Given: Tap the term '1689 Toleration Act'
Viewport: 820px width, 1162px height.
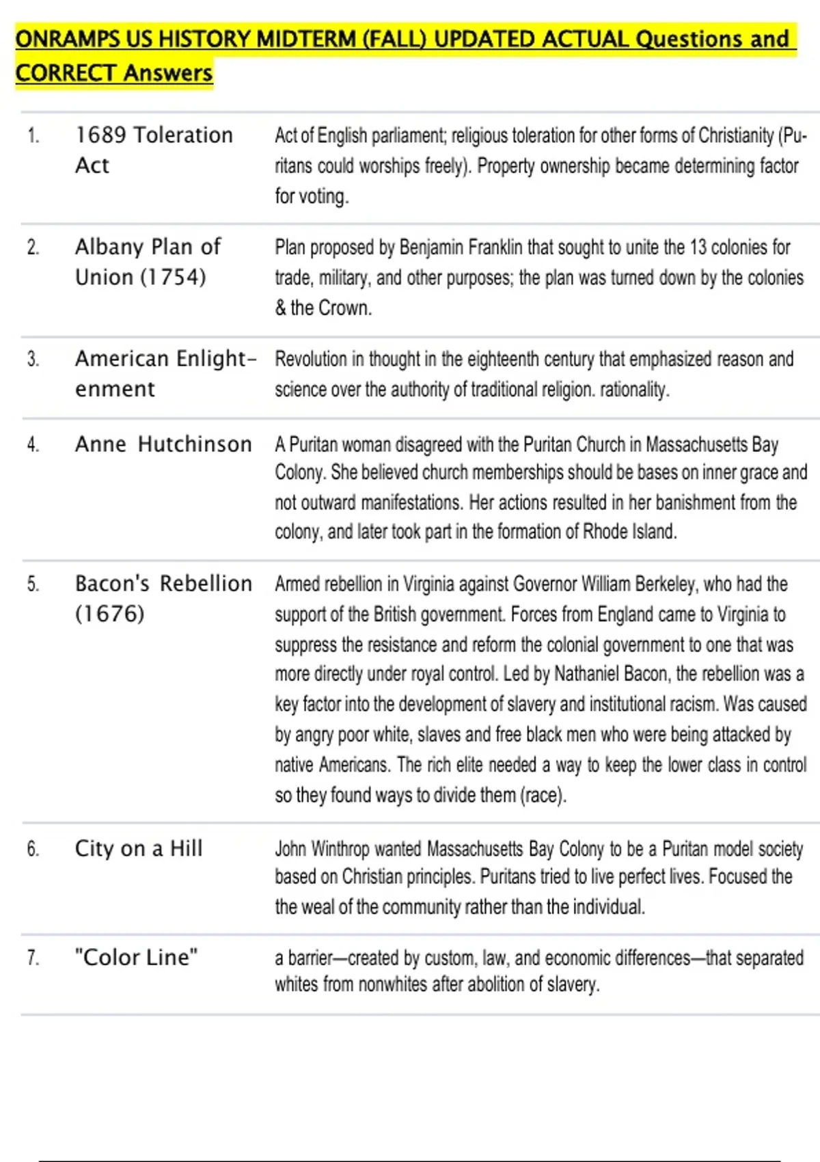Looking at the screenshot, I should [154, 150].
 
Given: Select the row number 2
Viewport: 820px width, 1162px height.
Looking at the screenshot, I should [33, 247].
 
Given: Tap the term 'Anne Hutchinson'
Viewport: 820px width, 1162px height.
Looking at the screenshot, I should [163, 444].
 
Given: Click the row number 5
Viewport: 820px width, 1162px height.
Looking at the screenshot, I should [33, 584].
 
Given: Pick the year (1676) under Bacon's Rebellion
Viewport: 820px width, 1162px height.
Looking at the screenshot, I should [109, 613].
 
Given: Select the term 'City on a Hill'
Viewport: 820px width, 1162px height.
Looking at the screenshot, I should [139, 848].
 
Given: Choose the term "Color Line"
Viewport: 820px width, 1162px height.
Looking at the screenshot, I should [137, 957].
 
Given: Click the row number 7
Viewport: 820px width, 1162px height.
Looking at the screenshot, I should [33, 958].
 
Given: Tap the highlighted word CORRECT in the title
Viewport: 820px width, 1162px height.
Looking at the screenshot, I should [66, 72].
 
